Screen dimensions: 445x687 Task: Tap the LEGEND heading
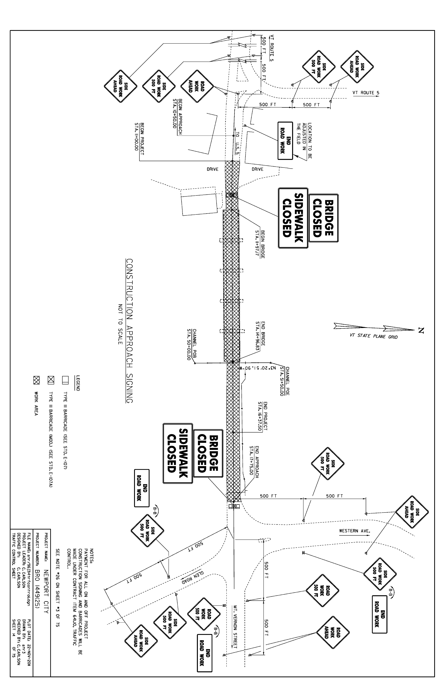click(x=78, y=383)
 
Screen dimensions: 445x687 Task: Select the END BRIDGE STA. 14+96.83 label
click(x=260, y=336)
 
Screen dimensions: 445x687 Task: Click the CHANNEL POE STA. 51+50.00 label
click(x=284, y=381)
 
